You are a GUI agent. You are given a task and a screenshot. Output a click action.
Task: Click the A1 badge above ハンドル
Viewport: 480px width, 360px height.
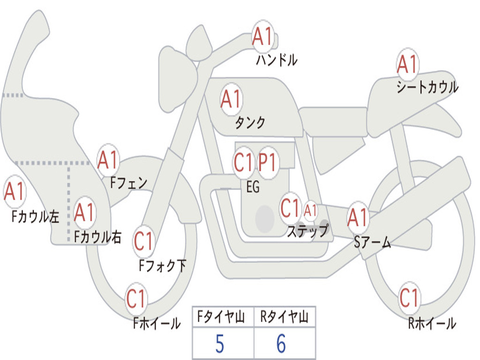coord(262,37)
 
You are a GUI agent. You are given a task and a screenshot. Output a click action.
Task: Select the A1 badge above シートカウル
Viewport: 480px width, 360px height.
coord(407,65)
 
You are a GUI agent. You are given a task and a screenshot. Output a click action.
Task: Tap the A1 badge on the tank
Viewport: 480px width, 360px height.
coord(231,99)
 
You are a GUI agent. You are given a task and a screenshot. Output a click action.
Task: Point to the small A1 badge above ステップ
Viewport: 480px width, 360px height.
coord(310,210)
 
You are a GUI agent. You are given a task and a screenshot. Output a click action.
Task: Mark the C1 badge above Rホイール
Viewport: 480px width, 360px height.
coord(409,298)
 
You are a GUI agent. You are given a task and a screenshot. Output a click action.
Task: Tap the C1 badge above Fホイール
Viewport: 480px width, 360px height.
coord(136,299)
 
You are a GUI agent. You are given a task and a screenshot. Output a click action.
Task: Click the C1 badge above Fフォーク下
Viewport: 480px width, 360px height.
coord(144,241)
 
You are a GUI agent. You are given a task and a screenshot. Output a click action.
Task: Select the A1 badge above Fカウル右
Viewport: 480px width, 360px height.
coord(84,213)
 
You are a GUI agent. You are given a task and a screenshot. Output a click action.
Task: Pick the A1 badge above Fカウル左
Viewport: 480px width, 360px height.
coord(14,192)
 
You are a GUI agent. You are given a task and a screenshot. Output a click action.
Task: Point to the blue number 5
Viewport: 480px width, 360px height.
coord(219,344)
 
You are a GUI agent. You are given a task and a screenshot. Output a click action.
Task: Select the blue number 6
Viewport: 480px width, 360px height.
coord(281,344)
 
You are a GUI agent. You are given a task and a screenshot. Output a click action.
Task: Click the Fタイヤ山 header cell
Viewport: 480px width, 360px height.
coord(222,317)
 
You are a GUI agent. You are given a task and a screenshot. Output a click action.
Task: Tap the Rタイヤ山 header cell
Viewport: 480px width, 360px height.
coord(285,317)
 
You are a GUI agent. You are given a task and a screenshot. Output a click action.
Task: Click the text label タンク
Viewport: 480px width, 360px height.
coord(250,123)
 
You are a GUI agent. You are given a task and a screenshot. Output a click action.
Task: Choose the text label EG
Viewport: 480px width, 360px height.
coord(253,187)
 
